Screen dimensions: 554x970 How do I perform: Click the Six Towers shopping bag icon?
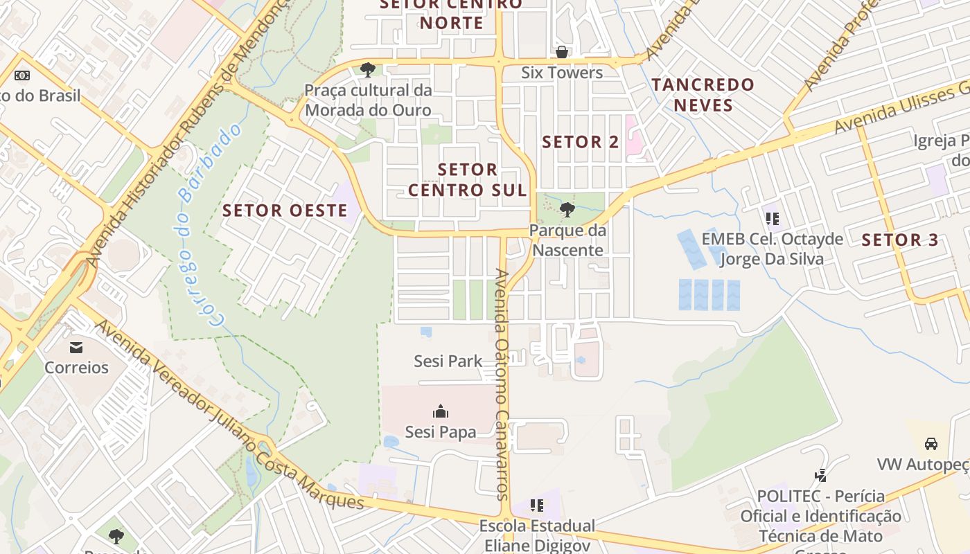coord(561,52)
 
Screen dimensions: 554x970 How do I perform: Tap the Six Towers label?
coord(561,73)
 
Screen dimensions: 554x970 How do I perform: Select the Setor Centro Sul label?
coord(468,179)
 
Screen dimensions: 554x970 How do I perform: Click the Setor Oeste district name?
coord(285,211)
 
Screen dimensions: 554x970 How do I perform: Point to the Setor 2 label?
coord(581,143)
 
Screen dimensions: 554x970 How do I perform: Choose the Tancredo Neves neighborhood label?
coord(703,95)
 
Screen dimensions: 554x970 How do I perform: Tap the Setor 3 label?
coord(899,240)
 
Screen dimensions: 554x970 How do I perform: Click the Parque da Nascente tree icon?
coord(567,208)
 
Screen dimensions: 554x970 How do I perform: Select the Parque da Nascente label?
coord(567,240)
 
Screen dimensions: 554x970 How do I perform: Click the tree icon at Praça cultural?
coord(368,69)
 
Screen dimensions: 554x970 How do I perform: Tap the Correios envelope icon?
coord(76,347)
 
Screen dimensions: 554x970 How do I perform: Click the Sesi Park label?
coord(448,361)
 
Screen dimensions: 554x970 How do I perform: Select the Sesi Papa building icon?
coord(441,412)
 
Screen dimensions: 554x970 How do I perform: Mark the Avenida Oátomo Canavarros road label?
coord(503,384)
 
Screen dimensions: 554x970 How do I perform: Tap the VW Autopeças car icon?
coord(931,444)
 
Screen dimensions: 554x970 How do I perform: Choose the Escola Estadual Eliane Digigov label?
coord(537,535)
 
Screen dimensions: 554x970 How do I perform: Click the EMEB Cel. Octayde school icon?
coord(773,220)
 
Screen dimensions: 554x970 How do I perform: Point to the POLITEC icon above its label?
coord(821,476)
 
